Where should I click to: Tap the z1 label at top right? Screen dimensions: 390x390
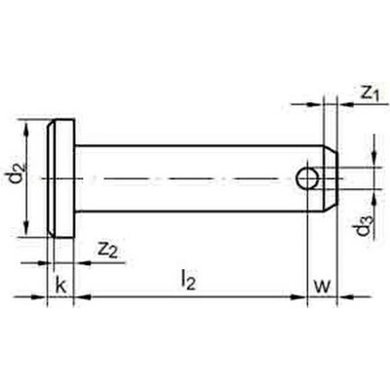coord(370,94)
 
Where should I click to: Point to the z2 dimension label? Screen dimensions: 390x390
coord(107,251)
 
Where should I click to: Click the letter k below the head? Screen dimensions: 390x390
coord(61,286)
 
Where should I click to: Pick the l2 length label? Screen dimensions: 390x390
coord(189,281)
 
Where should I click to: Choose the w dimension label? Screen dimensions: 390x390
coord(322,287)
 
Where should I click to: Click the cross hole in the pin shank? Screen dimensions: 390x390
coord(307,178)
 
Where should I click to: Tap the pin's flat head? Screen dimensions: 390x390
coord(61,178)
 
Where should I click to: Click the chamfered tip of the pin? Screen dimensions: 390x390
coord(331,178)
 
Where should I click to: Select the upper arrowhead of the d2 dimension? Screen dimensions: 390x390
coord(27,130)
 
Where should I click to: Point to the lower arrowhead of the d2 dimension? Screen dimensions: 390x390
coord(27,227)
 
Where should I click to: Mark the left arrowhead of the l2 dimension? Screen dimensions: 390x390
coord(83,296)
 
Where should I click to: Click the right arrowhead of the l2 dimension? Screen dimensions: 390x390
coord(298,296)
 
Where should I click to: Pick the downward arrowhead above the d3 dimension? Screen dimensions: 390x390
coord(374,158)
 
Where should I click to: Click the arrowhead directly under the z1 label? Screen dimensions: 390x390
coord(347,104)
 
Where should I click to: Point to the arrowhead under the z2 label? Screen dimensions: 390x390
coord(83,262)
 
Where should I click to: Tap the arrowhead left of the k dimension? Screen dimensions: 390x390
coord(39,296)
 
